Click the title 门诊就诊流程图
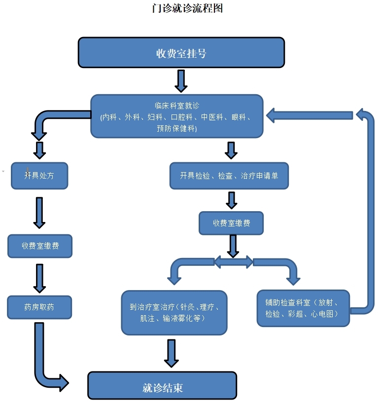click(188, 9)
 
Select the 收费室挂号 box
click(181, 53)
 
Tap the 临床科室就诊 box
click(176, 116)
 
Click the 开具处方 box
click(39, 175)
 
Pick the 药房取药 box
click(39, 307)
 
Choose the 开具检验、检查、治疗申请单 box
click(229, 176)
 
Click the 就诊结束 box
click(162, 386)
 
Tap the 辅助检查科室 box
click(303, 308)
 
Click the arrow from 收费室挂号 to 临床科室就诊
click(181, 80)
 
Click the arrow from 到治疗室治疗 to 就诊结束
click(171, 353)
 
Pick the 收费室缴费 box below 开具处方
click(40, 246)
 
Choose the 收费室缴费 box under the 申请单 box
click(231, 223)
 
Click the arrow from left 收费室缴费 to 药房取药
click(39, 278)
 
